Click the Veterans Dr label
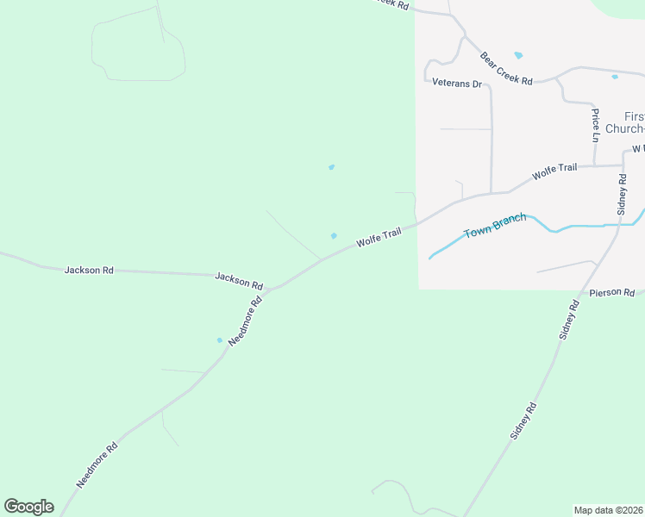click(456, 84)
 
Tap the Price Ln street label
click(595, 125)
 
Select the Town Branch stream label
click(494, 227)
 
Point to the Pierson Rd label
click(612, 293)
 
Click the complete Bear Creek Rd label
click(506, 68)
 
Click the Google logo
click(28, 507)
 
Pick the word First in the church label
click(634, 116)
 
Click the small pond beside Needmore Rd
click(219, 339)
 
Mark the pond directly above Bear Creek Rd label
click(518, 55)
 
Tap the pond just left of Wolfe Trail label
click(334, 235)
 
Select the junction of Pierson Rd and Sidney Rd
click(584, 293)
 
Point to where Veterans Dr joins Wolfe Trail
click(492, 193)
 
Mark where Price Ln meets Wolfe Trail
click(595, 165)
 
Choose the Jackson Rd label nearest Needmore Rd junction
click(239, 281)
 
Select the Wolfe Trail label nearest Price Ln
click(554, 171)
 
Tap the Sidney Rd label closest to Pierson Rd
click(570, 318)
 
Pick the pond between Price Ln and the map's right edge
click(615, 77)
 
